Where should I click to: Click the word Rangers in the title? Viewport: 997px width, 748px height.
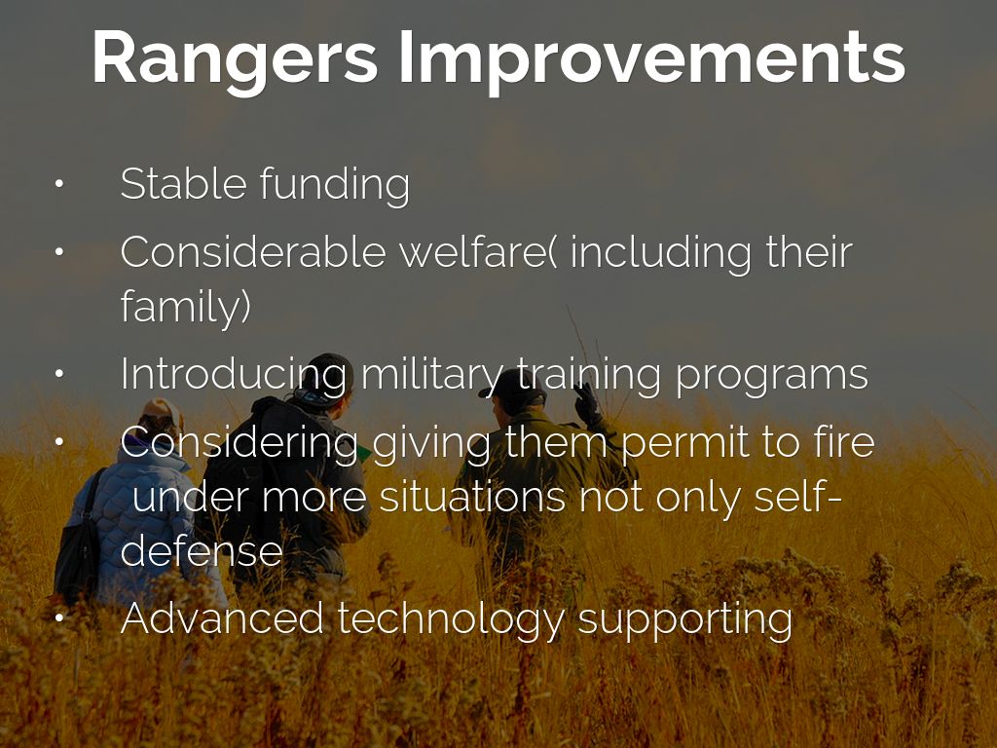pos(236,58)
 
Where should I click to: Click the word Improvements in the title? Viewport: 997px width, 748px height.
pos(651,58)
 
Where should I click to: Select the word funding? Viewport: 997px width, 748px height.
pos(335,185)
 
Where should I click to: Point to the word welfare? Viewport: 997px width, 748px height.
pos(478,252)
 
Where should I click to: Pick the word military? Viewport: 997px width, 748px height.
pos(431,375)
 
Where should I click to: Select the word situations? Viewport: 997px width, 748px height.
pos(472,497)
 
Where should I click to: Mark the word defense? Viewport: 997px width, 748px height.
pos(201,550)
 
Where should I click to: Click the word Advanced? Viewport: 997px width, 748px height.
pos(221,618)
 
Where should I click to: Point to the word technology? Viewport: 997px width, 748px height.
pos(451,620)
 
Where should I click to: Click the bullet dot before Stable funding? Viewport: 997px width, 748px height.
pos(59,184)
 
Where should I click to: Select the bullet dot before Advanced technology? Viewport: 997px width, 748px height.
pos(59,617)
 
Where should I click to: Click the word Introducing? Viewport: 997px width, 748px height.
pos(235,375)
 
